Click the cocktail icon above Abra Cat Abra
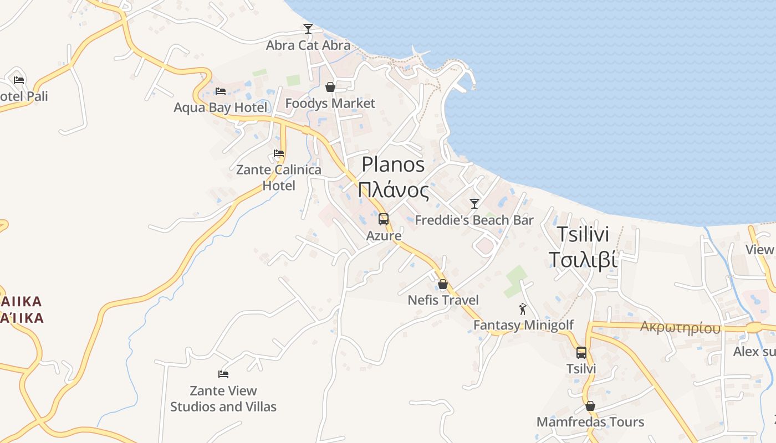(x=308, y=29)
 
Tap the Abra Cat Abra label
(x=308, y=45)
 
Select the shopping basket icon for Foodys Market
(x=330, y=87)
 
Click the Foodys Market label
(x=330, y=104)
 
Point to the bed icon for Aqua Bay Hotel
(x=221, y=91)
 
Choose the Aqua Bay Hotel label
(x=221, y=107)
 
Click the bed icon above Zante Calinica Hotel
(x=279, y=153)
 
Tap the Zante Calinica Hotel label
(x=279, y=178)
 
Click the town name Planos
(x=394, y=164)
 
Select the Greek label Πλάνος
(x=394, y=190)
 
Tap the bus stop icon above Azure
(x=384, y=219)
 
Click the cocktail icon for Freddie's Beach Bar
(x=474, y=204)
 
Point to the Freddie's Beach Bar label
(x=474, y=220)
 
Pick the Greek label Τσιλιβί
(x=583, y=259)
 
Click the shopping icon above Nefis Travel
(x=443, y=285)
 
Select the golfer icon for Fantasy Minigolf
(x=523, y=309)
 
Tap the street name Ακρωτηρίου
(x=680, y=328)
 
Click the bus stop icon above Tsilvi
(x=581, y=353)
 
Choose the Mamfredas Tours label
(x=590, y=422)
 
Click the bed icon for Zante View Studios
(x=223, y=374)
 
